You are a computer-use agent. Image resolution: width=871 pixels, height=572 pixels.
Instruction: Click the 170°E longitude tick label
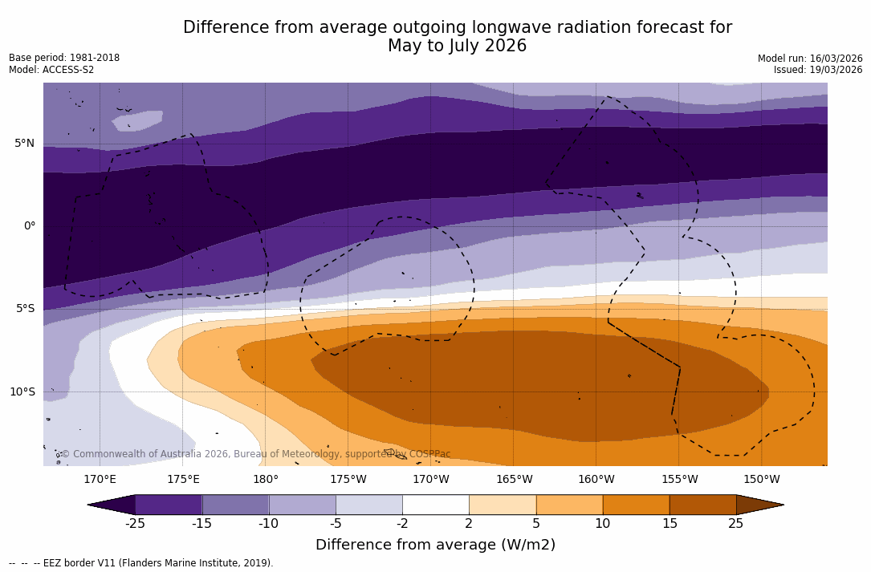[100, 480]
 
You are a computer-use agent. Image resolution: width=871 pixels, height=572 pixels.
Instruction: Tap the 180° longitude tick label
[266, 480]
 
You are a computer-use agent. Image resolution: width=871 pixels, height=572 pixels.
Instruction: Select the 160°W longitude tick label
[596, 480]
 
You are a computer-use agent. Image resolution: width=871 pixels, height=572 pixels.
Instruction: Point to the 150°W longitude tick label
[761, 480]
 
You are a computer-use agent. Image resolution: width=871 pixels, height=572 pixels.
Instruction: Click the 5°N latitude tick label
[24, 144]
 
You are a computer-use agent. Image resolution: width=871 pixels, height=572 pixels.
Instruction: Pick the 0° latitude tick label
[29, 226]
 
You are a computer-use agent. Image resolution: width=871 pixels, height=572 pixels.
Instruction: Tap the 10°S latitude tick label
[22, 392]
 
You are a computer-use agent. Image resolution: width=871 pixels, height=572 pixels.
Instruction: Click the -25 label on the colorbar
[135, 524]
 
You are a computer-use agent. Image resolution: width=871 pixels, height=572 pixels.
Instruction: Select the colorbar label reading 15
[669, 524]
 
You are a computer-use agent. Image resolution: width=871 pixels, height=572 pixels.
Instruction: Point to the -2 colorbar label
[402, 524]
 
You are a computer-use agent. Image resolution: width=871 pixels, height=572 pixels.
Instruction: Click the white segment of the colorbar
[435, 505]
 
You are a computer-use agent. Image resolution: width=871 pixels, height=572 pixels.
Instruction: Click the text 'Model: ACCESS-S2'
[51, 70]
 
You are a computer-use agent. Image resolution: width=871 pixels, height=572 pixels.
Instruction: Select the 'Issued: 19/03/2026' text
[818, 70]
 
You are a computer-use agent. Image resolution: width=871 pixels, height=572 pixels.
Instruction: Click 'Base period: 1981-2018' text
[64, 58]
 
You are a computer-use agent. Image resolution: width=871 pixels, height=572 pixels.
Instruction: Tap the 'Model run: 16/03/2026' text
[810, 59]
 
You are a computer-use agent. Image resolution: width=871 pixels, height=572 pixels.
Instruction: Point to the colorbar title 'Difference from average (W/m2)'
[435, 545]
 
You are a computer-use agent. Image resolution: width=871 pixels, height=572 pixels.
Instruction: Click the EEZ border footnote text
[141, 563]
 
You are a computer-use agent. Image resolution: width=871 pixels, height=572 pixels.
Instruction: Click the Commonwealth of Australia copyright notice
[255, 454]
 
